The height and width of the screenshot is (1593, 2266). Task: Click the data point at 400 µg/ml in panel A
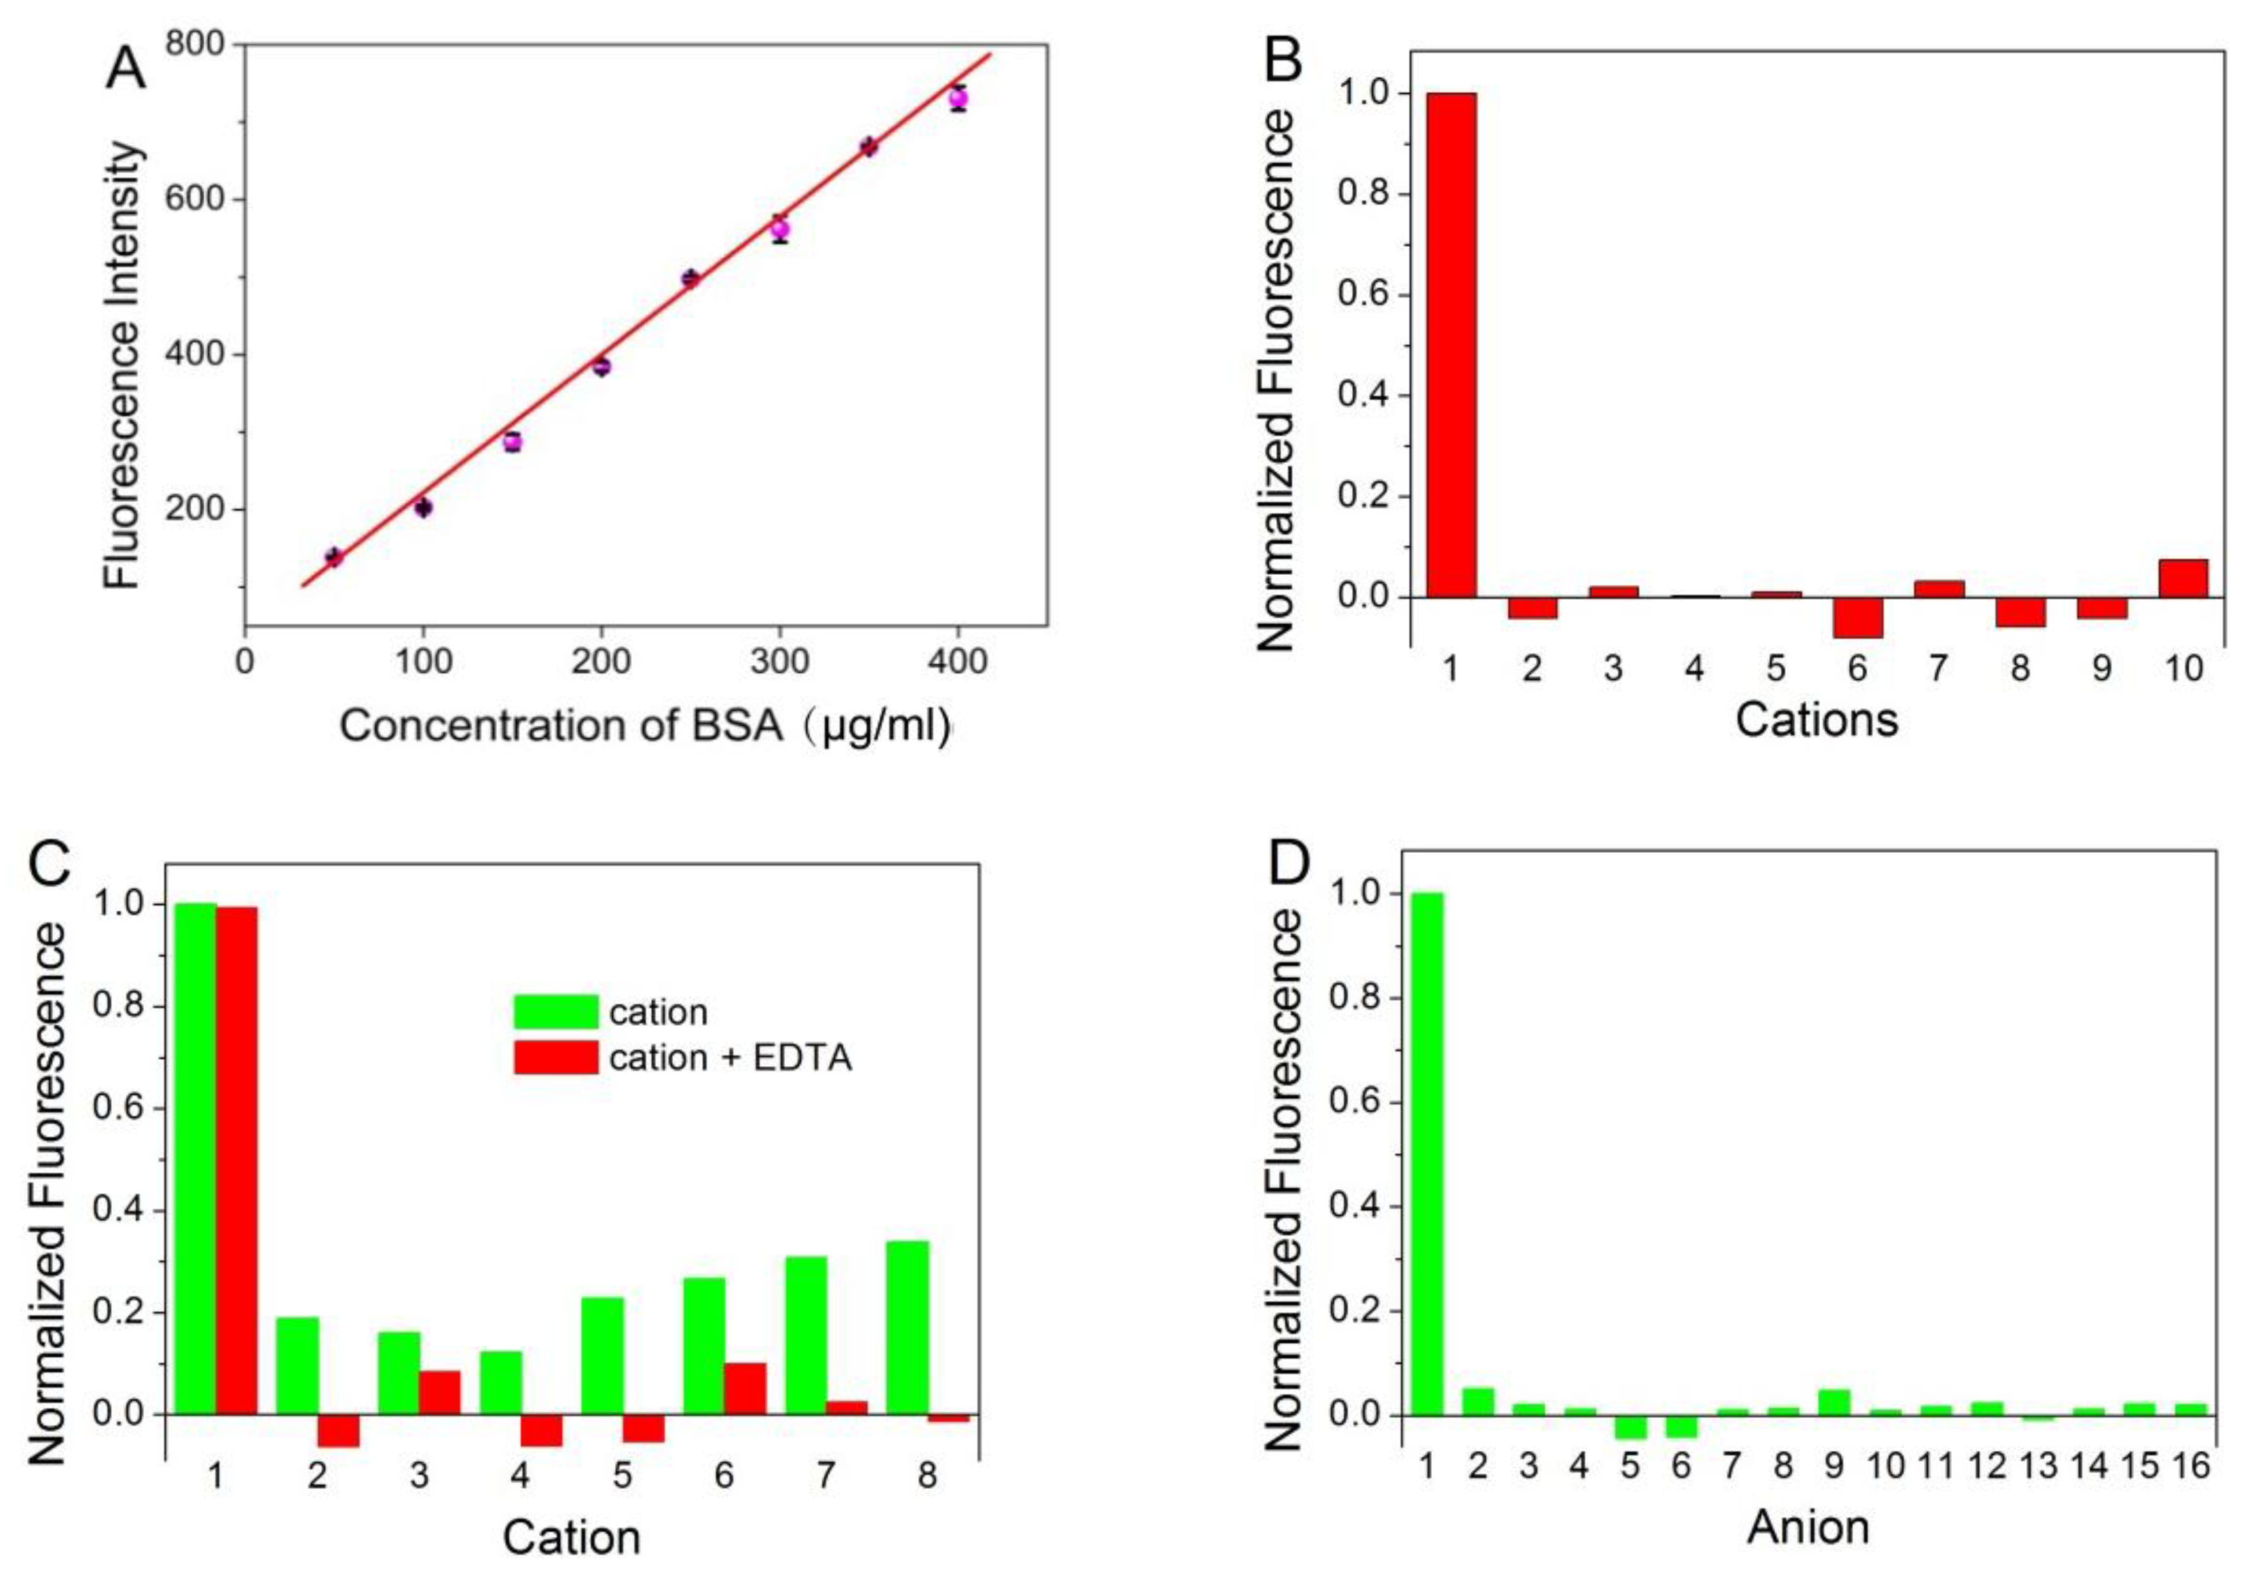pyautogui.click(x=957, y=98)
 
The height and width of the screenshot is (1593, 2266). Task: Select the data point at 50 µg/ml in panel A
pyautogui.click(x=334, y=557)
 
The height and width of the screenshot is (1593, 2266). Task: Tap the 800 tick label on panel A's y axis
pyautogui.click(x=195, y=44)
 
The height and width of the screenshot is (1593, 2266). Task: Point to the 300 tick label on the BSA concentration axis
pyautogui.click(x=780, y=661)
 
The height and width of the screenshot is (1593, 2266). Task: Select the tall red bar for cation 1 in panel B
pyautogui.click(x=1450, y=345)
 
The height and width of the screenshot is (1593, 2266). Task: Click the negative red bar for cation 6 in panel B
pyautogui.click(x=1857, y=617)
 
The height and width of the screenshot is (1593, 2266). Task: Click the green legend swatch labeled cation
pyautogui.click(x=555, y=1012)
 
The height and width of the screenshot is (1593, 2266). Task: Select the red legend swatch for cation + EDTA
pyautogui.click(x=555, y=1058)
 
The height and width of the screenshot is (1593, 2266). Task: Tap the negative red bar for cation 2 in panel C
pyautogui.click(x=338, y=1430)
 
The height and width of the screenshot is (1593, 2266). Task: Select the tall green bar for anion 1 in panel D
pyautogui.click(x=1426, y=1154)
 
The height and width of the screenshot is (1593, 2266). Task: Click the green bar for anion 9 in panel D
pyautogui.click(x=1833, y=1403)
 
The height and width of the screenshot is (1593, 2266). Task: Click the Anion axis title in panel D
pyautogui.click(x=1808, y=1527)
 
